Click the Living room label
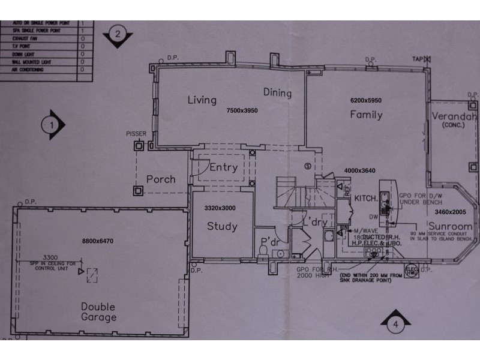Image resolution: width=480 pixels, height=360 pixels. click(x=202, y=100)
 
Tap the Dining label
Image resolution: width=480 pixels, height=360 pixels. click(x=277, y=93)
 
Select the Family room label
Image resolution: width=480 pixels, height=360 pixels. click(x=366, y=114)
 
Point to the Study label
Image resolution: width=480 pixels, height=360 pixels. click(x=222, y=227)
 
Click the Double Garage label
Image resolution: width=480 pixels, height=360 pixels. click(x=98, y=311)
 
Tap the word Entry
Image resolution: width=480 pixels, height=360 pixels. click(x=223, y=167)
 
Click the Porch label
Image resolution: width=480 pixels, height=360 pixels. click(x=161, y=179)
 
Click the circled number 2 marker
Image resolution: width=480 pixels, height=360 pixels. click(x=118, y=34)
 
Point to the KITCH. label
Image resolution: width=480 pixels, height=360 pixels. click(x=365, y=197)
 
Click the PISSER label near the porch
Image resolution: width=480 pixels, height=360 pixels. click(x=136, y=133)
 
